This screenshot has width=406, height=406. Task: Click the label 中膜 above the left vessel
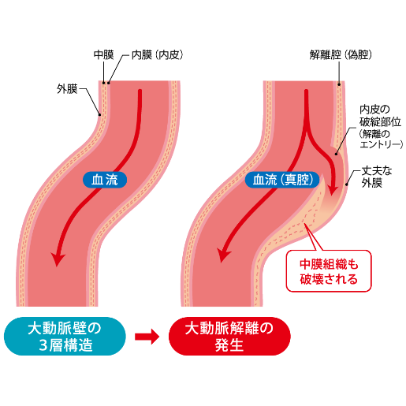point(104,55)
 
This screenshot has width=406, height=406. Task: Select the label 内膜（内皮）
point(157,55)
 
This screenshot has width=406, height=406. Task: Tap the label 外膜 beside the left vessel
point(67,89)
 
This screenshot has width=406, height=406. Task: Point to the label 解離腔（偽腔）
point(341,55)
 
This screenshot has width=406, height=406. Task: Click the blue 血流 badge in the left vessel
point(105,180)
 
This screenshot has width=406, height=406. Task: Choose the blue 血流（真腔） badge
point(282,180)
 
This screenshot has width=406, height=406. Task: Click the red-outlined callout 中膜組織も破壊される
point(329,271)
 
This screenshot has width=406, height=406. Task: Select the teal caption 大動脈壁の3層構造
point(65,337)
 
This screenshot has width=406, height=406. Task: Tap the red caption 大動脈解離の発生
point(229,337)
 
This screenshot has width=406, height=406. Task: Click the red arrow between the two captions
point(147,337)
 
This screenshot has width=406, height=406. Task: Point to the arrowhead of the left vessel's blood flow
point(58,259)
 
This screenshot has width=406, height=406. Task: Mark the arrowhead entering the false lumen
point(333,190)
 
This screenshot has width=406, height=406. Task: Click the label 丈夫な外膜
point(376,177)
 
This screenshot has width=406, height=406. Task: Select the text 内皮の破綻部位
point(380,116)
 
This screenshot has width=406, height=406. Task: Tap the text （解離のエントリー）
point(381,139)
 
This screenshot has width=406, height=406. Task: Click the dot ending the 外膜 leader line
point(99,114)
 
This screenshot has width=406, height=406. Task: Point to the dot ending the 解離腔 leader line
point(339,84)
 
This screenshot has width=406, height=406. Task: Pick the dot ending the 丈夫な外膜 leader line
point(347,184)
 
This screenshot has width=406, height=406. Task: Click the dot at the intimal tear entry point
point(336,154)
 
